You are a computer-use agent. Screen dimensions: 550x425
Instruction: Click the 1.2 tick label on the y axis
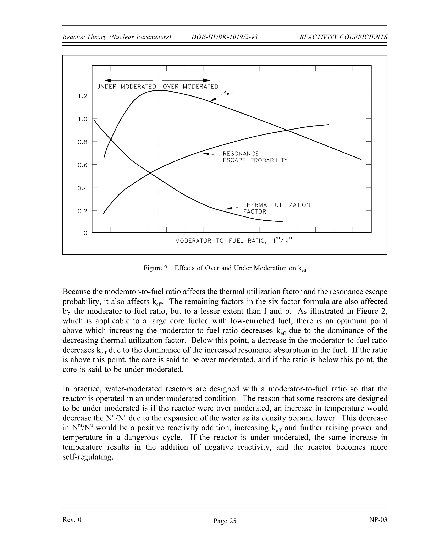(x=82, y=96)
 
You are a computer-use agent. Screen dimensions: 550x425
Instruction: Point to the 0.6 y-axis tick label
(x=82, y=165)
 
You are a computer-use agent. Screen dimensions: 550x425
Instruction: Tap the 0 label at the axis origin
(x=86, y=233)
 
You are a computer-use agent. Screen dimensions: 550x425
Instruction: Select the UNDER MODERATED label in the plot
(x=126, y=87)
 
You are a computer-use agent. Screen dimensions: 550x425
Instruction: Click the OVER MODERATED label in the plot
(x=190, y=87)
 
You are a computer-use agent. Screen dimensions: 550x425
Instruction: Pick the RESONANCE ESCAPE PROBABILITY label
(x=255, y=157)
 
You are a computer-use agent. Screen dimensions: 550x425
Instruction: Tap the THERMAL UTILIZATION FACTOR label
(x=276, y=208)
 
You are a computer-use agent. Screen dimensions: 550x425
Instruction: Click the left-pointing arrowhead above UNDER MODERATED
(x=108, y=80)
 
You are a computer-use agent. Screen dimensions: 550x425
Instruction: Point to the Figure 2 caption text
(x=225, y=268)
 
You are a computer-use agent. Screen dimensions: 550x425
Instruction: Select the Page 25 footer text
(x=225, y=521)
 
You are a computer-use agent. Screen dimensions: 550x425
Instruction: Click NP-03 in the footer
(x=378, y=519)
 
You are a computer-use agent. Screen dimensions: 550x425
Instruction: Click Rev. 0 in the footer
(x=72, y=519)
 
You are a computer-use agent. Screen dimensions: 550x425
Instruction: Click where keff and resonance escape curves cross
(x=287, y=130)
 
